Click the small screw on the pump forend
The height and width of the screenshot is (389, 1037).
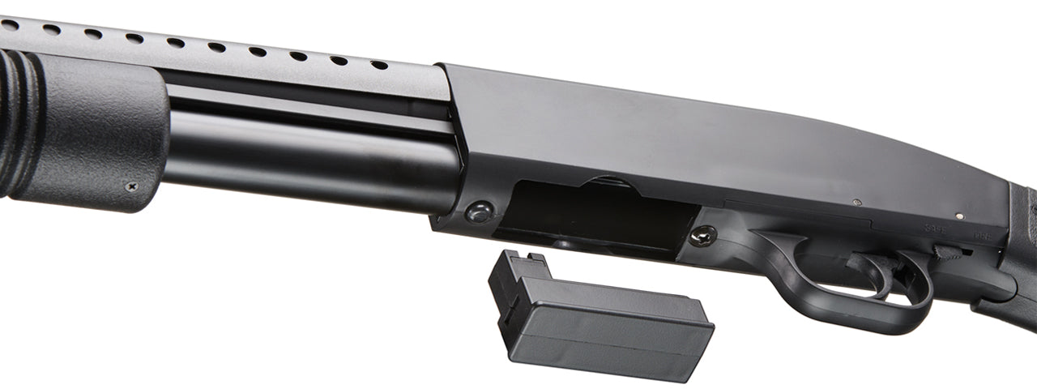[131, 186]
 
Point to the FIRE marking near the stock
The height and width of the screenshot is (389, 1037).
[982, 236]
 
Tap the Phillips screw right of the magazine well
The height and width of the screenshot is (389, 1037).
[702, 236]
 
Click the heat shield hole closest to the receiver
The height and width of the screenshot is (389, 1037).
[378, 64]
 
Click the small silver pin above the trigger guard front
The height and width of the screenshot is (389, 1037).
[857, 203]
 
